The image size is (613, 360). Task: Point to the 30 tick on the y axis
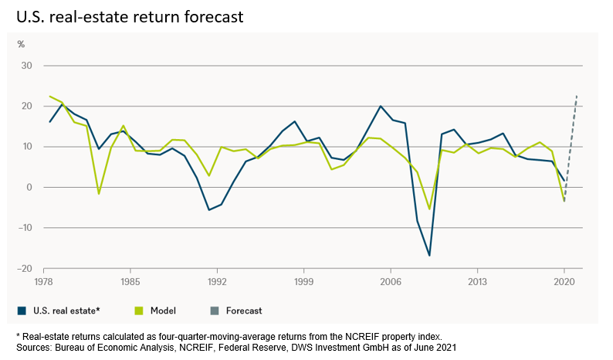pos(26,66)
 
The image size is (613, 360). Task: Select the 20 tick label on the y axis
pos(26,106)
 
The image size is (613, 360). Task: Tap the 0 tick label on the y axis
pos(29,187)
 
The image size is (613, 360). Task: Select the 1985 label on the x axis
pos(130,281)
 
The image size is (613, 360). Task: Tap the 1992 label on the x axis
pos(217,281)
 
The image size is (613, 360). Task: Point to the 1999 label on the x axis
pos(304,281)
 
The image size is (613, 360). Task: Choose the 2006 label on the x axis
pos(391,281)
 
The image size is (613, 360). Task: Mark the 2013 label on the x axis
pos(478,281)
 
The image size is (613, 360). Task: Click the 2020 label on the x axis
pos(564,281)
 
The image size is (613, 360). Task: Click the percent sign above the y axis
pos(22,44)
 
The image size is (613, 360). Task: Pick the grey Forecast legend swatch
pos(215,311)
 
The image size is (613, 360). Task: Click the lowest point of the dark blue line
pos(428,255)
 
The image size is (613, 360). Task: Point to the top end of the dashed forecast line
pos(577,95)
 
